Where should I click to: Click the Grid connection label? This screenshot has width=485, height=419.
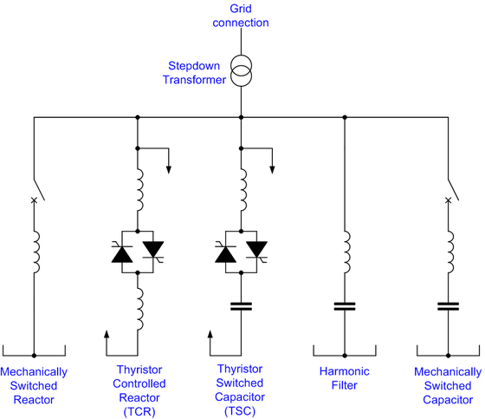(242, 14)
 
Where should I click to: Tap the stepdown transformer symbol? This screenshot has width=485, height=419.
(242, 74)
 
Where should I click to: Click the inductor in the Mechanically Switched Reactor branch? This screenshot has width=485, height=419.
(35, 251)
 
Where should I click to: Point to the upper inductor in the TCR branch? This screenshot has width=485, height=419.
(139, 190)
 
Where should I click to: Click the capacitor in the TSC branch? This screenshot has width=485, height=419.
(242, 305)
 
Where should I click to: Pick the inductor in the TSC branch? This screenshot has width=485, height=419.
(242, 190)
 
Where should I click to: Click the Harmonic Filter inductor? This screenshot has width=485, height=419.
(346, 251)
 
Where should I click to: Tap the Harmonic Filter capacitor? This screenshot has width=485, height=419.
(346, 305)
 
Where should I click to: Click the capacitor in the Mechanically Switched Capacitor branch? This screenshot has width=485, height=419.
(449, 305)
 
